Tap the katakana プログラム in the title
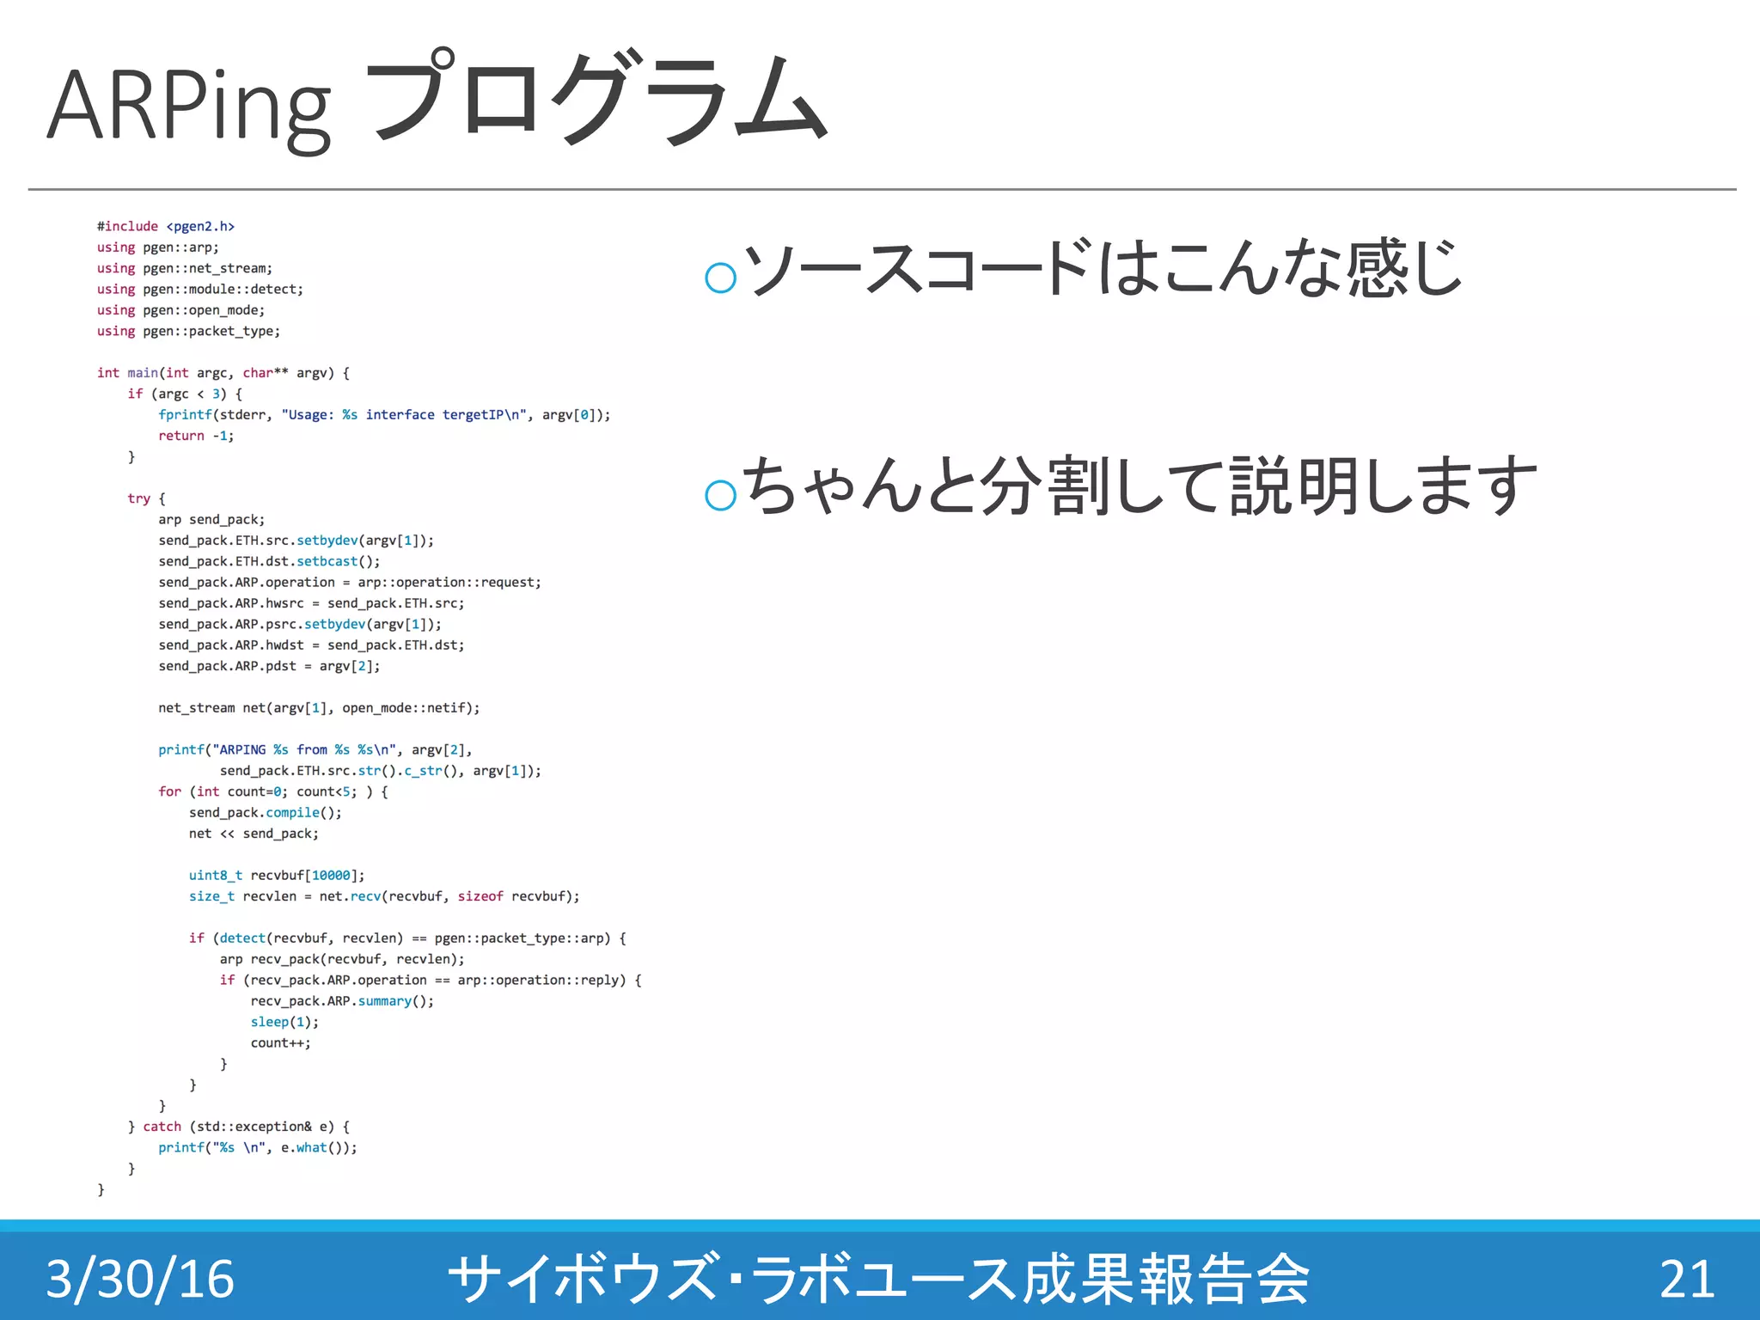click(596, 99)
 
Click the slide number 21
click(1686, 1279)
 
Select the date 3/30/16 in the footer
click(140, 1279)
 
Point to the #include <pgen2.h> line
click(165, 227)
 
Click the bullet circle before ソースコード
click(720, 277)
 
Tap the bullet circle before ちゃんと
click(720, 495)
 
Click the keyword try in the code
click(138, 498)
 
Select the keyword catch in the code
click(162, 1127)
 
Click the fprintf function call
click(185, 415)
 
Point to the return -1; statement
click(195, 436)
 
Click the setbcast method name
click(327, 561)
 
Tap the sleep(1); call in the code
click(284, 1022)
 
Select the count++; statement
click(280, 1043)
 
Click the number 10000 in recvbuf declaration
click(331, 876)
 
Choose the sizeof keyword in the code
click(480, 896)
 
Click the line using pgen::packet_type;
click(188, 332)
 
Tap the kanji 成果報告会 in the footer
click(1164, 1279)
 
